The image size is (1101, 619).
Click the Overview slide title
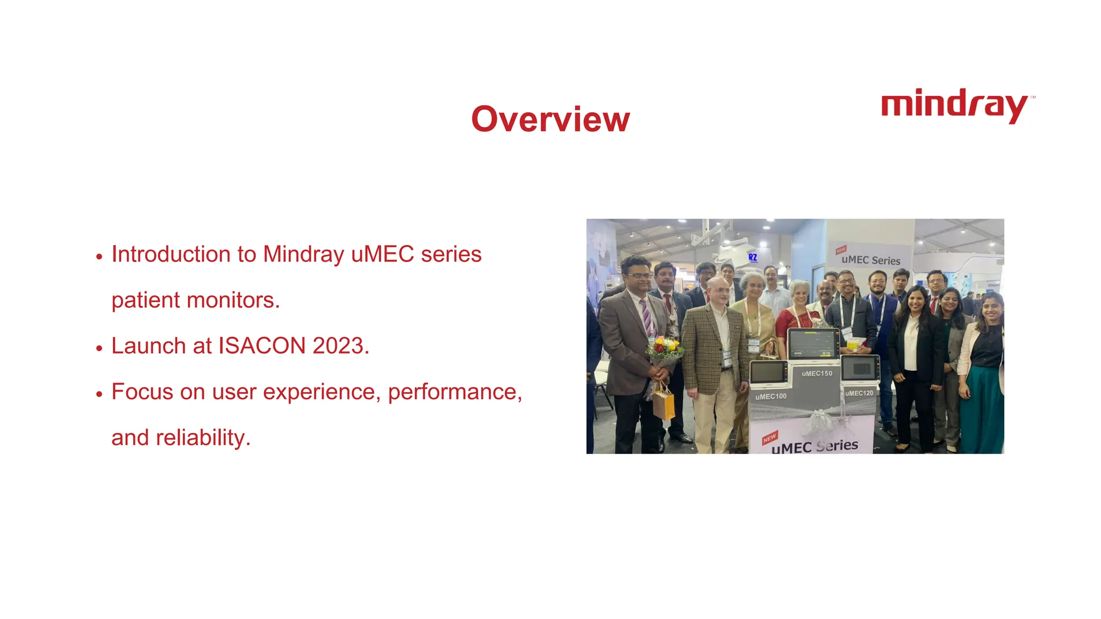pyautogui.click(x=550, y=119)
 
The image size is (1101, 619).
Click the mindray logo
pyautogui.click(x=955, y=106)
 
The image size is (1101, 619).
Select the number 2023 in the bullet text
pyautogui.click(x=338, y=346)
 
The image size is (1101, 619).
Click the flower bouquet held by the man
pyautogui.click(x=664, y=350)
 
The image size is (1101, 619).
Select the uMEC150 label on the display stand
pyautogui.click(x=817, y=373)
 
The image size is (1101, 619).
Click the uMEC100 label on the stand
pyautogui.click(x=770, y=397)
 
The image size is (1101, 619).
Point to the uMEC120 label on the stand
pyautogui.click(x=859, y=393)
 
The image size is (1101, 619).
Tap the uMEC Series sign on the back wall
pyautogui.click(x=870, y=260)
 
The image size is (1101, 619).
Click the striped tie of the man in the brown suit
pyautogui.click(x=646, y=318)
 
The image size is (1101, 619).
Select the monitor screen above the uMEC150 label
pyautogui.click(x=813, y=343)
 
